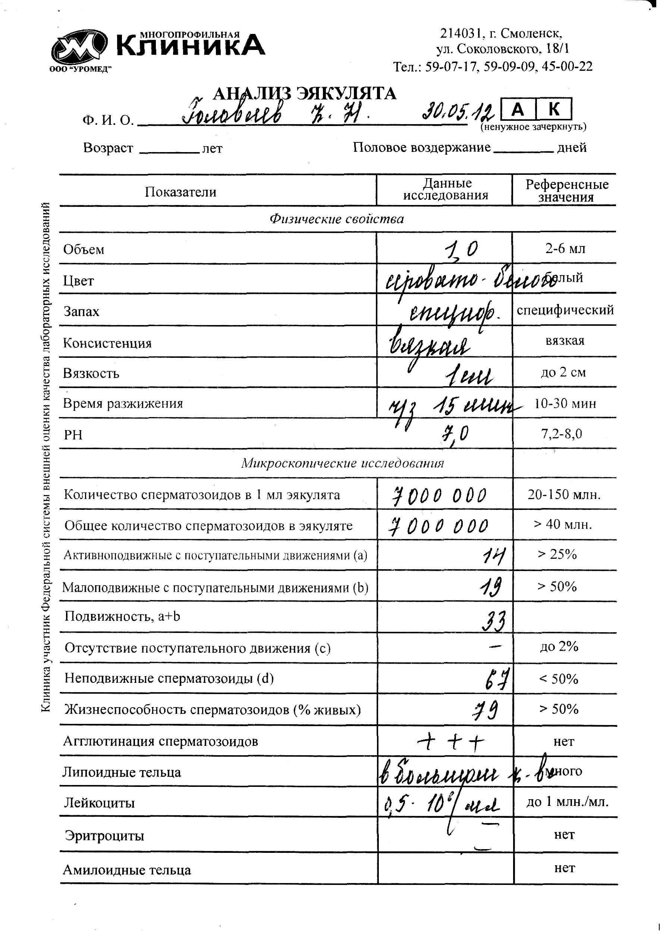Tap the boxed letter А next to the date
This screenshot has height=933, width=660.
518,109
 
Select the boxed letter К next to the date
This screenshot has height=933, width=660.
553,109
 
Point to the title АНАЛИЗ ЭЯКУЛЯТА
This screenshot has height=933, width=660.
304,94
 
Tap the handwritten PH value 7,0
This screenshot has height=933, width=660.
456,434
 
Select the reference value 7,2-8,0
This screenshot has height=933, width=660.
561,434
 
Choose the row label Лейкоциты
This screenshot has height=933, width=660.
99,803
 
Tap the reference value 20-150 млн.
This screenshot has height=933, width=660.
564,495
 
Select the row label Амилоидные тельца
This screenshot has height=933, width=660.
127,870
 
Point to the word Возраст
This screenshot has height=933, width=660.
108,148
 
